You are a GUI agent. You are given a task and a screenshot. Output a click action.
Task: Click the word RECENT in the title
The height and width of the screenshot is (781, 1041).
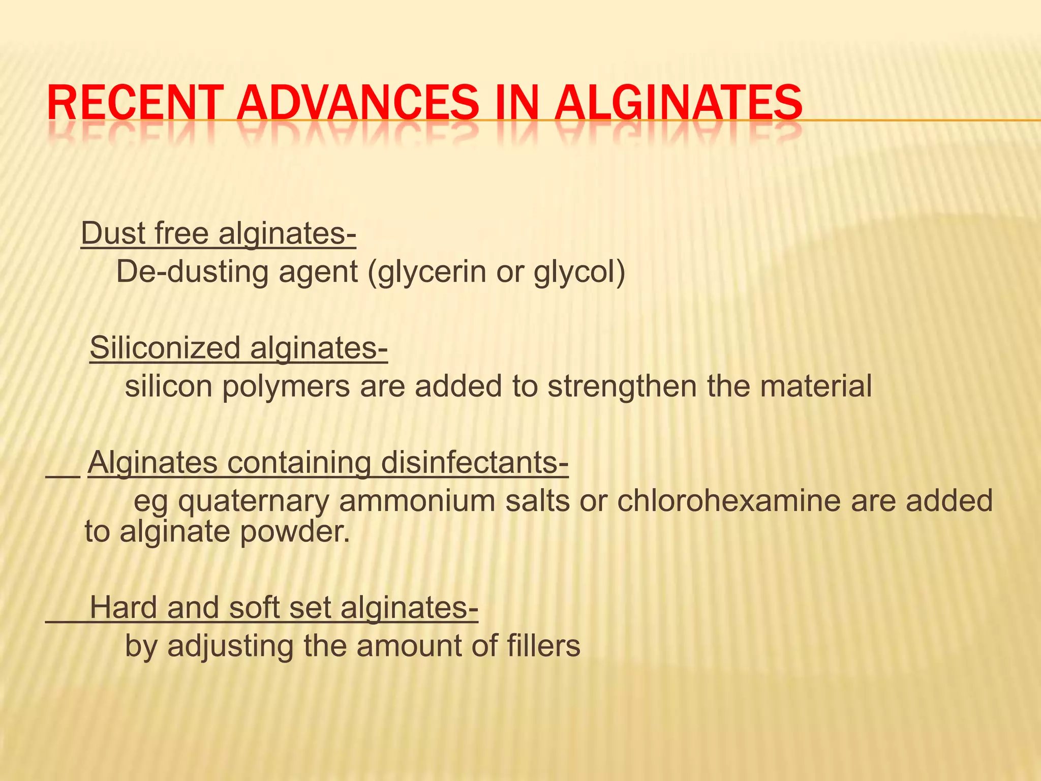[135, 104]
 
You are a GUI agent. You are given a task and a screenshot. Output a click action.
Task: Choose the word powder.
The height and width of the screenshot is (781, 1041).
[295, 532]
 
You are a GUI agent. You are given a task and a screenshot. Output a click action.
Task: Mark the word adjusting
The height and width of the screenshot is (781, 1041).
[231, 646]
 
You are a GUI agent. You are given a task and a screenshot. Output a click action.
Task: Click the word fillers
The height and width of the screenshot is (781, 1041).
[543, 646]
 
